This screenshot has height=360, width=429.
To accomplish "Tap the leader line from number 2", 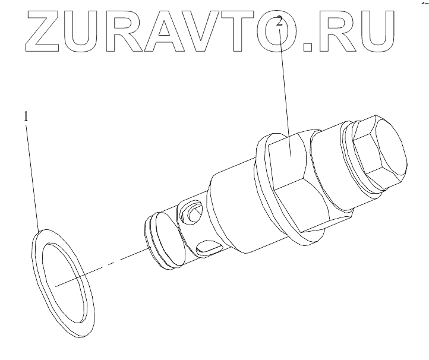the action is click(285, 89).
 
